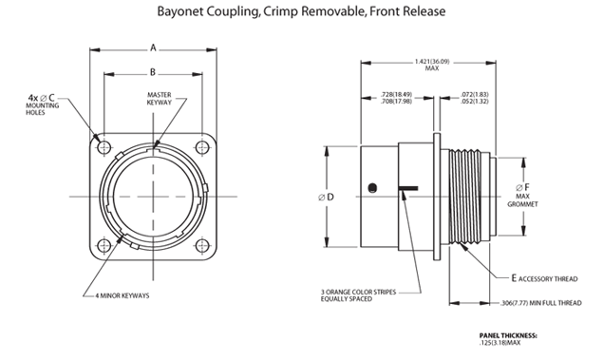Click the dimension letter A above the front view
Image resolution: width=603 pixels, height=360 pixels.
click(153, 48)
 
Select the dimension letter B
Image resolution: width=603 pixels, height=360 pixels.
click(153, 72)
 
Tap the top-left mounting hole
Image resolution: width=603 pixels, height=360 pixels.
click(104, 147)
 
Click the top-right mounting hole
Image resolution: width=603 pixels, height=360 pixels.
click(202, 147)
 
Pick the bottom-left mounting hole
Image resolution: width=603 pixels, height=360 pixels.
click(104, 246)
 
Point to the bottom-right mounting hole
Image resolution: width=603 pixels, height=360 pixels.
click(202, 246)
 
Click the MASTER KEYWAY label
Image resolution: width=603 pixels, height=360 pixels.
click(160, 99)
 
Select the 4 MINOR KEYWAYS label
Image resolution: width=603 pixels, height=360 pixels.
click(122, 295)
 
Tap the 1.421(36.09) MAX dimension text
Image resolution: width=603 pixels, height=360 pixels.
click(432, 65)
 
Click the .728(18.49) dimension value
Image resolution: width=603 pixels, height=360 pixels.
click(396, 94)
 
